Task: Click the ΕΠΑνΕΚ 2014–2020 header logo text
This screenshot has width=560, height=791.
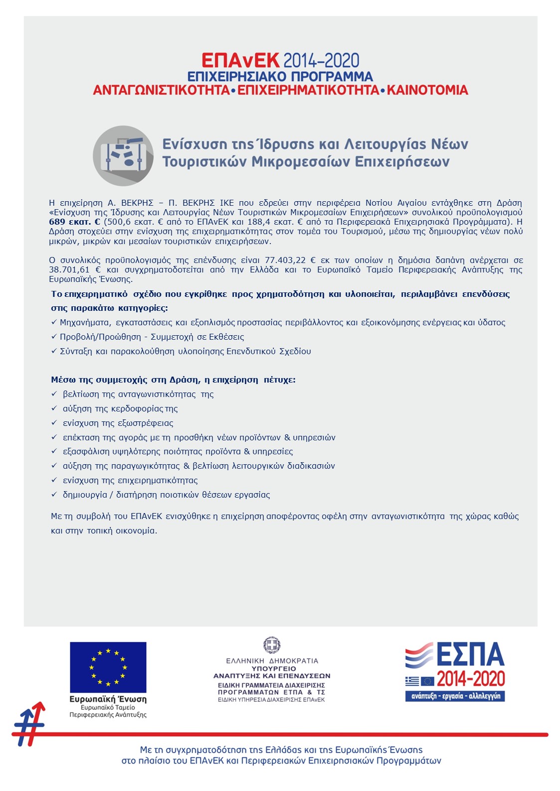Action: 280,61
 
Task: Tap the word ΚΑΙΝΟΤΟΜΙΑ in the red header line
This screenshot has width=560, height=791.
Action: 427,90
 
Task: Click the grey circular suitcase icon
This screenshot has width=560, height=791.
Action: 123,155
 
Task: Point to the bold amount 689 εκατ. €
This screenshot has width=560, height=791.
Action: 74,222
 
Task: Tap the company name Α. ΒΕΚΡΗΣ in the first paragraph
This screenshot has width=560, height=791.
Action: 131,203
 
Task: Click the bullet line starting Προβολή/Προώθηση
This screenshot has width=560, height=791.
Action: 152,337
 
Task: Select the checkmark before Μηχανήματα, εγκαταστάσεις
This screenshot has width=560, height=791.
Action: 54,323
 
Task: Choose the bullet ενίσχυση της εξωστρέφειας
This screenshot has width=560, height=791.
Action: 118,423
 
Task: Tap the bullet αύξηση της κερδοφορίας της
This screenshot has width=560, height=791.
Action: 120,409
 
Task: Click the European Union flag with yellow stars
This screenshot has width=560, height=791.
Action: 108,667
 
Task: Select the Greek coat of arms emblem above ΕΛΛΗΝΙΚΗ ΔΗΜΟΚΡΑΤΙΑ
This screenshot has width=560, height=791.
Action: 272,645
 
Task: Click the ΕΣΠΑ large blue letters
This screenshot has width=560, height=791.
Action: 471,655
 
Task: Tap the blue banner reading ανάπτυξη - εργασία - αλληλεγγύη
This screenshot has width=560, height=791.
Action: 455,696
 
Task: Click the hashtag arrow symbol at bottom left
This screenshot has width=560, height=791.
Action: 30,725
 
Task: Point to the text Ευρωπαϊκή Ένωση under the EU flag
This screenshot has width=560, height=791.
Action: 108,699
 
